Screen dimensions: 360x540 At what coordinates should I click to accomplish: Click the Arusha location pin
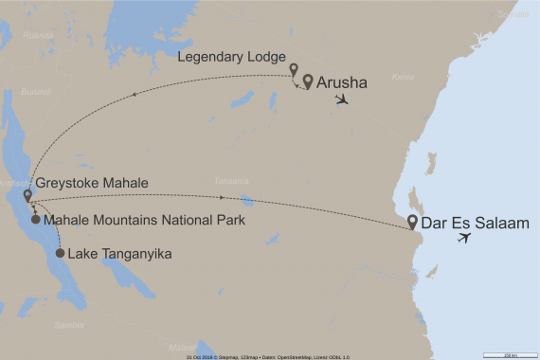click(308, 81)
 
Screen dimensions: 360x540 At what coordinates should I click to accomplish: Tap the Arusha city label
click(341, 82)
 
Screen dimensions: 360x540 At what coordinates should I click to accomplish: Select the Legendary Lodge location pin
click(294, 69)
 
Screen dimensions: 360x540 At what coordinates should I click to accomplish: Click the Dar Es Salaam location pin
click(413, 224)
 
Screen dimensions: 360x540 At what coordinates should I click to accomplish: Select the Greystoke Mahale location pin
click(27, 196)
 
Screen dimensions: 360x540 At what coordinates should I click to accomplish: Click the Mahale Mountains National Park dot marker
click(36, 220)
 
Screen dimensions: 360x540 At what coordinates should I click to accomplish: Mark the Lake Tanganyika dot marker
click(60, 254)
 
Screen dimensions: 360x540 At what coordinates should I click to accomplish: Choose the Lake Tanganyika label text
click(124, 254)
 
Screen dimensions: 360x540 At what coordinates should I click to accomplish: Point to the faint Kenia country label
click(404, 76)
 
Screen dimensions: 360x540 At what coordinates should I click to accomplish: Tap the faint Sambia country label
click(69, 325)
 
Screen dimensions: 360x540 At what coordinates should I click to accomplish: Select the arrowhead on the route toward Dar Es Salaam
click(222, 198)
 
